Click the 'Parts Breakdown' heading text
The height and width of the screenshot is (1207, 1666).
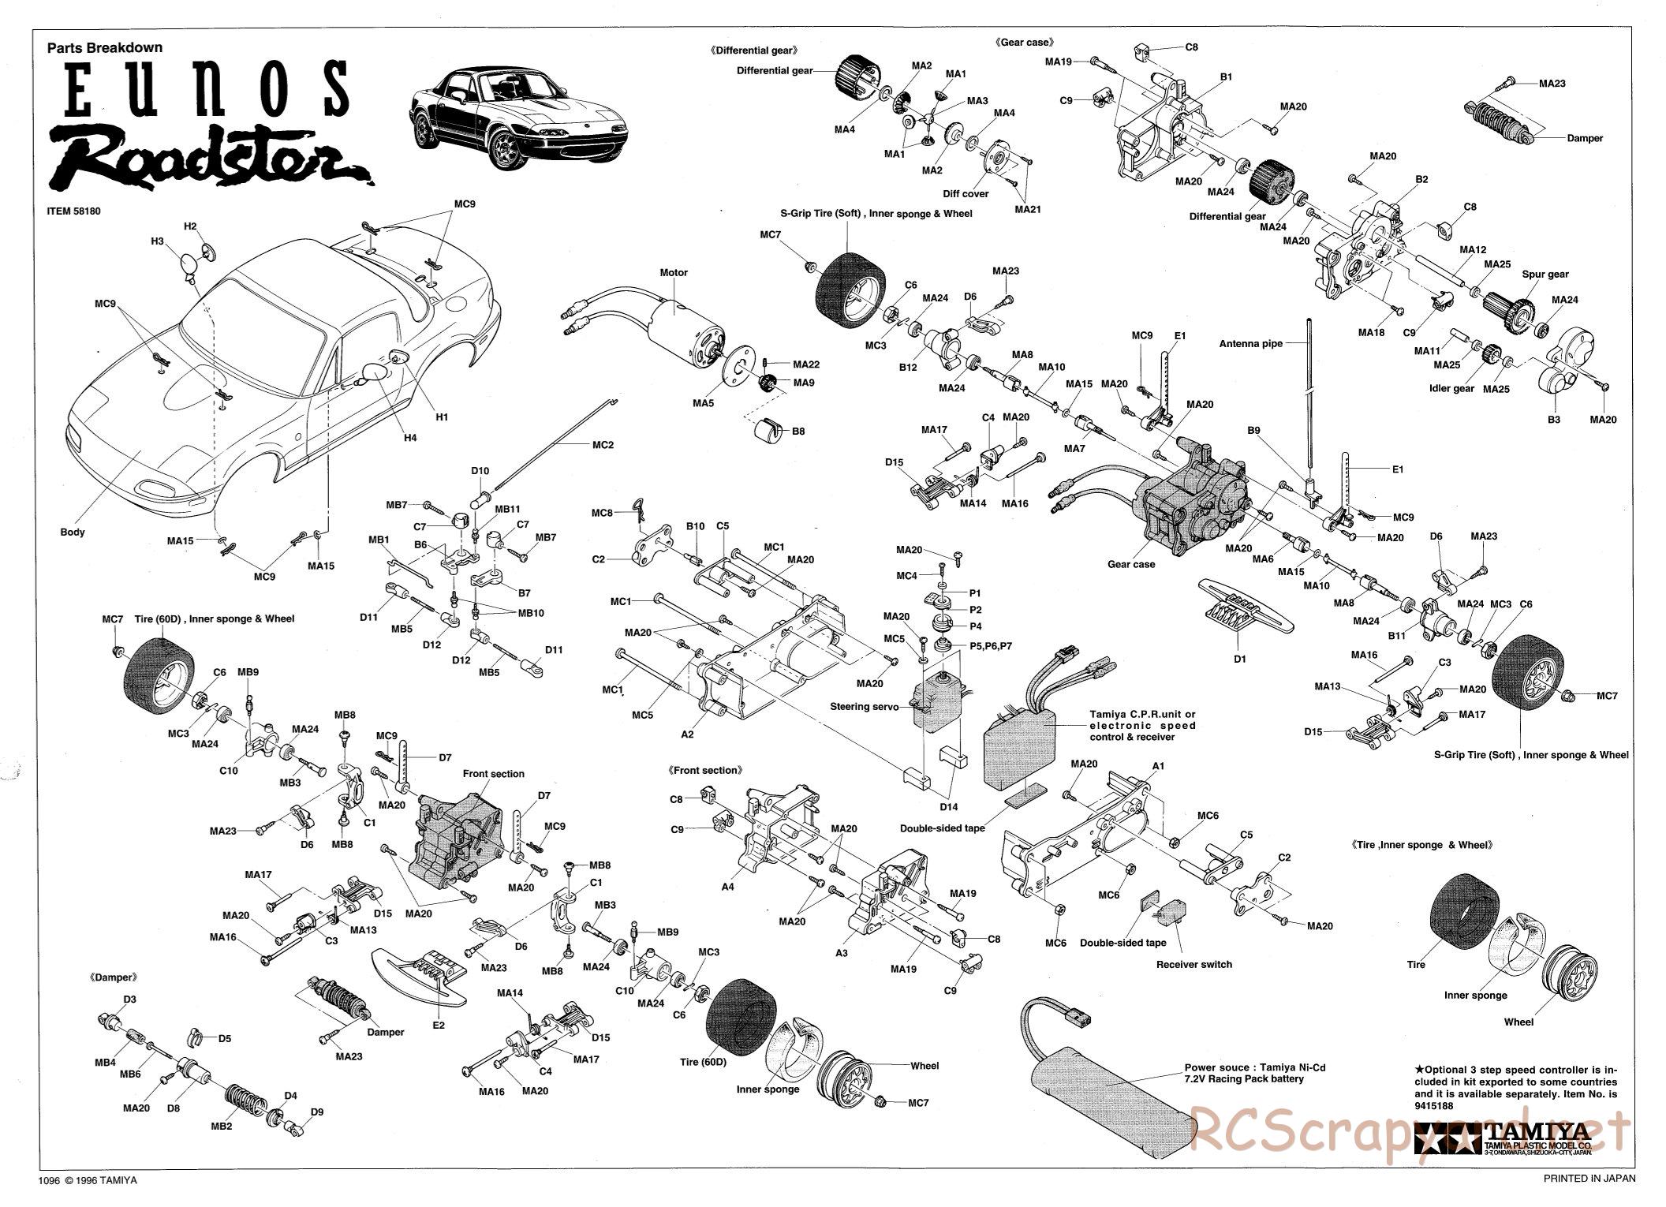point(105,47)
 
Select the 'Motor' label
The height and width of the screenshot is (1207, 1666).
point(674,272)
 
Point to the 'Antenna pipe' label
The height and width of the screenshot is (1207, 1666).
point(1251,343)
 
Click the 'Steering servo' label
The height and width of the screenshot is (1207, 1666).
point(864,707)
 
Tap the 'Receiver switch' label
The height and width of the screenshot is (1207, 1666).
point(1193,964)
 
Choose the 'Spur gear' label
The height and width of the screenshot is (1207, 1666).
point(1545,275)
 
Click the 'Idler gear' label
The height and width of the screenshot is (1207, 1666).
point(1451,388)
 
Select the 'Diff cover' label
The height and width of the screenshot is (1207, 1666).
point(966,193)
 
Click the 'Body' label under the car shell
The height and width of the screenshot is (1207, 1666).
point(73,532)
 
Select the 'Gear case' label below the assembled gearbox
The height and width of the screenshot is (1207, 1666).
point(1131,564)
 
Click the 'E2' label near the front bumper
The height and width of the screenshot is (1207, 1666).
point(439,1025)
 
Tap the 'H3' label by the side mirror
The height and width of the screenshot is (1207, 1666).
point(157,241)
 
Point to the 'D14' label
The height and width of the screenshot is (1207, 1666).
point(949,806)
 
